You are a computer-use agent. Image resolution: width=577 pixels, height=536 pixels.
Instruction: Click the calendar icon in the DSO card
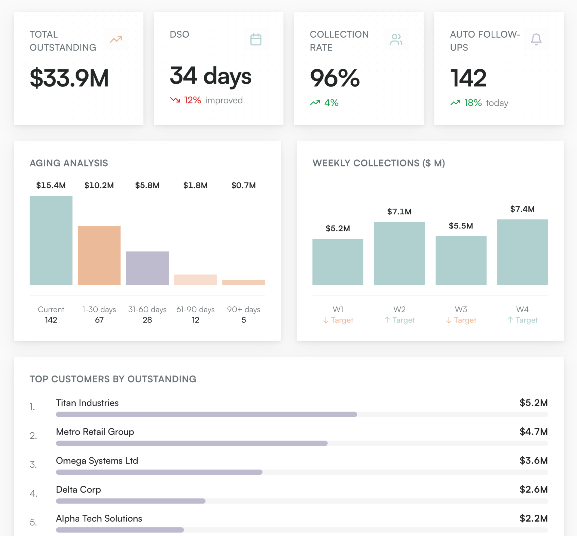pos(256,39)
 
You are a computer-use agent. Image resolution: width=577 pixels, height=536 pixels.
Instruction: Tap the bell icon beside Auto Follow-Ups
pos(536,39)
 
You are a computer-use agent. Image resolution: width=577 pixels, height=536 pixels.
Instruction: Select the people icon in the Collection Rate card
pos(396,39)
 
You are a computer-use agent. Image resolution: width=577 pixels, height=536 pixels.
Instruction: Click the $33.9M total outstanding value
pos(69,78)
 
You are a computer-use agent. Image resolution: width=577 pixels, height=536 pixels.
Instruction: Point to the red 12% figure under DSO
pos(192,100)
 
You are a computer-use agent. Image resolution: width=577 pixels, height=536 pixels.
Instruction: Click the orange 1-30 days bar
pos(99,255)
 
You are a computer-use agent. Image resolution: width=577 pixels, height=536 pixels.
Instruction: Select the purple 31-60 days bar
pos(147,268)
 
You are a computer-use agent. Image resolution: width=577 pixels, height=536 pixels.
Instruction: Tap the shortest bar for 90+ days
pos(243,282)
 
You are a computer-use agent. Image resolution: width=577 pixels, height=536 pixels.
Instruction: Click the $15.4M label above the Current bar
pos(51,185)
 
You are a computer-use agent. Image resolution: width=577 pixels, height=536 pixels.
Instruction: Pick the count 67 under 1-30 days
pos(99,320)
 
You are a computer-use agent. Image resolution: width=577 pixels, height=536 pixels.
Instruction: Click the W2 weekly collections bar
pos(399,253)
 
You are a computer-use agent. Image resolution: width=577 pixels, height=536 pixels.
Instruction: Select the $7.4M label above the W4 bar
pos(522,209)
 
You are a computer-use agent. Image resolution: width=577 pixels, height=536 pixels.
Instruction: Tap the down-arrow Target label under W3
pos(461,320)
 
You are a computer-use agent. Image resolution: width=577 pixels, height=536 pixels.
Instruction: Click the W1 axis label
pos(338,309)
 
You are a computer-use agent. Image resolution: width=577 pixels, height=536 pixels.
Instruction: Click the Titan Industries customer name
pos(87,403)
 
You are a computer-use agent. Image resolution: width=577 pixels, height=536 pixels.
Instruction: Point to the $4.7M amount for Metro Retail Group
pos(533,432)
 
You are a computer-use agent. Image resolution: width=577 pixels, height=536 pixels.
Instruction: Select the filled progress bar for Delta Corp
pos(130,501)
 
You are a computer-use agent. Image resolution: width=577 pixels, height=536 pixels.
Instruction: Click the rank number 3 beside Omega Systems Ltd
pos(33,464)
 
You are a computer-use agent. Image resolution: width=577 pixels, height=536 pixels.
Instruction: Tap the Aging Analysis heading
pos(69,163)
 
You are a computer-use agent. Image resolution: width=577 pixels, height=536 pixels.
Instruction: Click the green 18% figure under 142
pos(473,103)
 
